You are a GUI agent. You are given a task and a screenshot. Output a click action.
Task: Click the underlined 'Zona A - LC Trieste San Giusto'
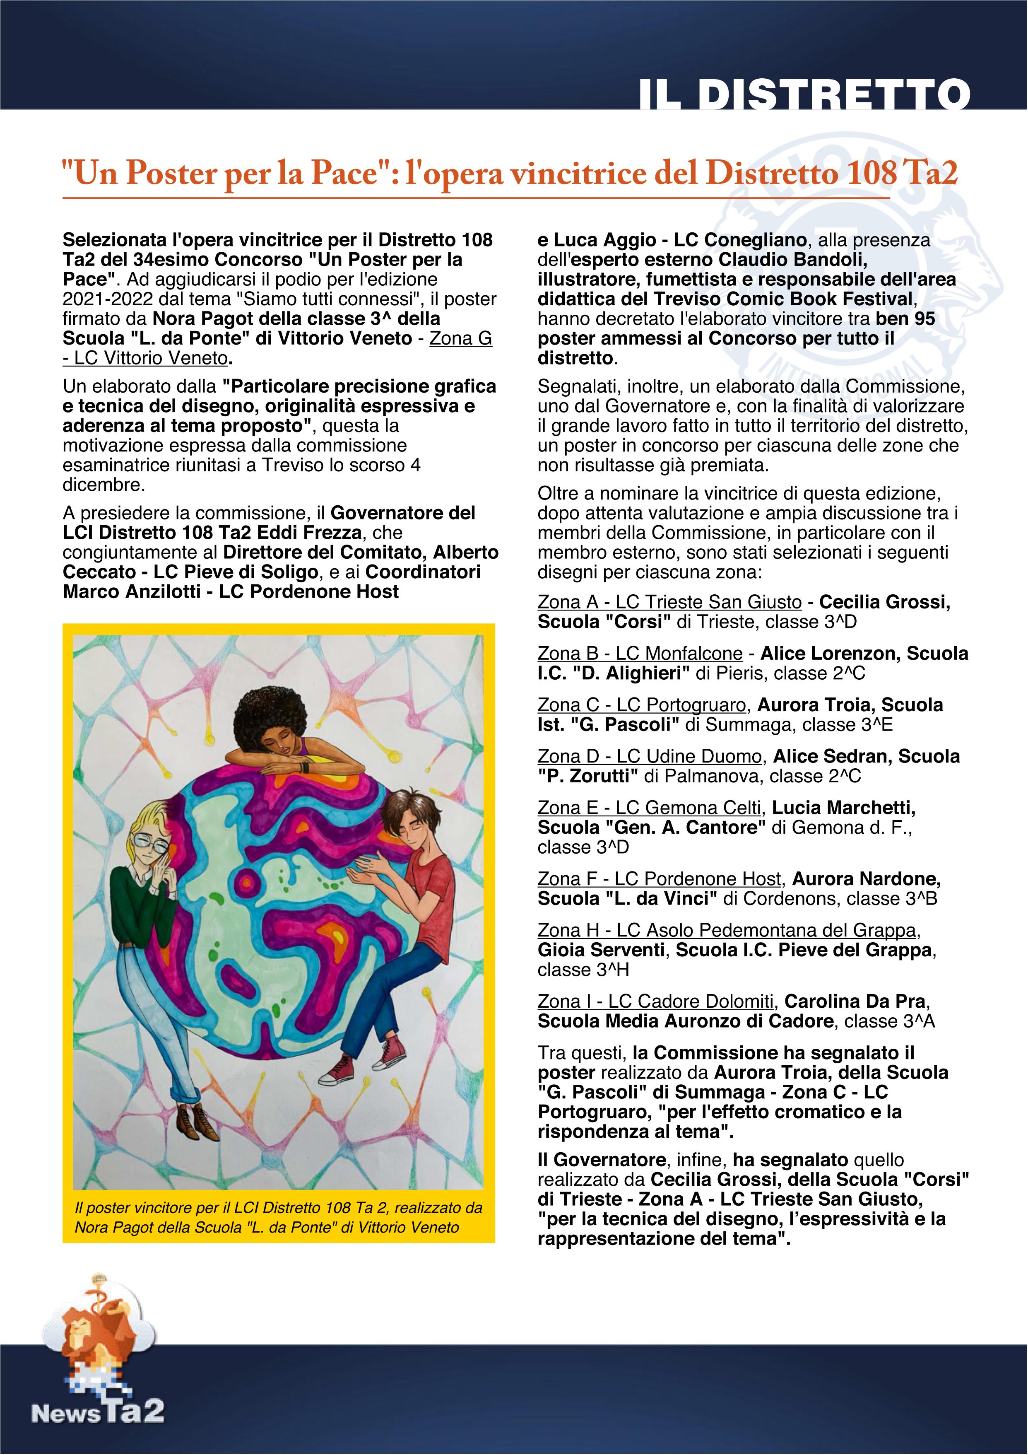(x=669, y=602)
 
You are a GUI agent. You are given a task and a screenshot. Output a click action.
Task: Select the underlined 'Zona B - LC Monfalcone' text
(x=640, y=653)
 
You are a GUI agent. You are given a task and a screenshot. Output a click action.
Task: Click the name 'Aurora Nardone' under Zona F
(x=866, y=879)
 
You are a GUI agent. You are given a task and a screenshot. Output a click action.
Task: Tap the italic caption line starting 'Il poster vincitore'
(x=279, y=1208)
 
